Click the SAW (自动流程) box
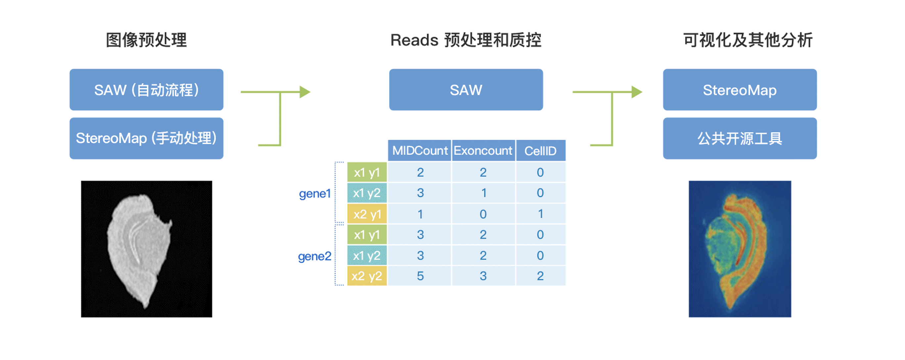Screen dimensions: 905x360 146,90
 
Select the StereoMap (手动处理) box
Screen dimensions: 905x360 146,138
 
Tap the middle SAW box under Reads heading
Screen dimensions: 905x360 466,90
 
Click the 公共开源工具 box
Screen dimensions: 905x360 740,138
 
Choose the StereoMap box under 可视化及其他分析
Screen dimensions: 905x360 740,90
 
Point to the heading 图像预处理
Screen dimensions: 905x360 146,40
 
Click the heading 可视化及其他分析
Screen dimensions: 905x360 748,40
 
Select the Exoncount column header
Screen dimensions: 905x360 483,151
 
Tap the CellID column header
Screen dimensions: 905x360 540,151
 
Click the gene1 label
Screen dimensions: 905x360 315,194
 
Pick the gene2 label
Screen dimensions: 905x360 314,256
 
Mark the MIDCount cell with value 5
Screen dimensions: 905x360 420,276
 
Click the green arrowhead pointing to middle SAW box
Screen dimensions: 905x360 305,92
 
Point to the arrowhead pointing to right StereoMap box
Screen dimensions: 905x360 637,92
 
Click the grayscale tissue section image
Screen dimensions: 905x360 147,249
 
